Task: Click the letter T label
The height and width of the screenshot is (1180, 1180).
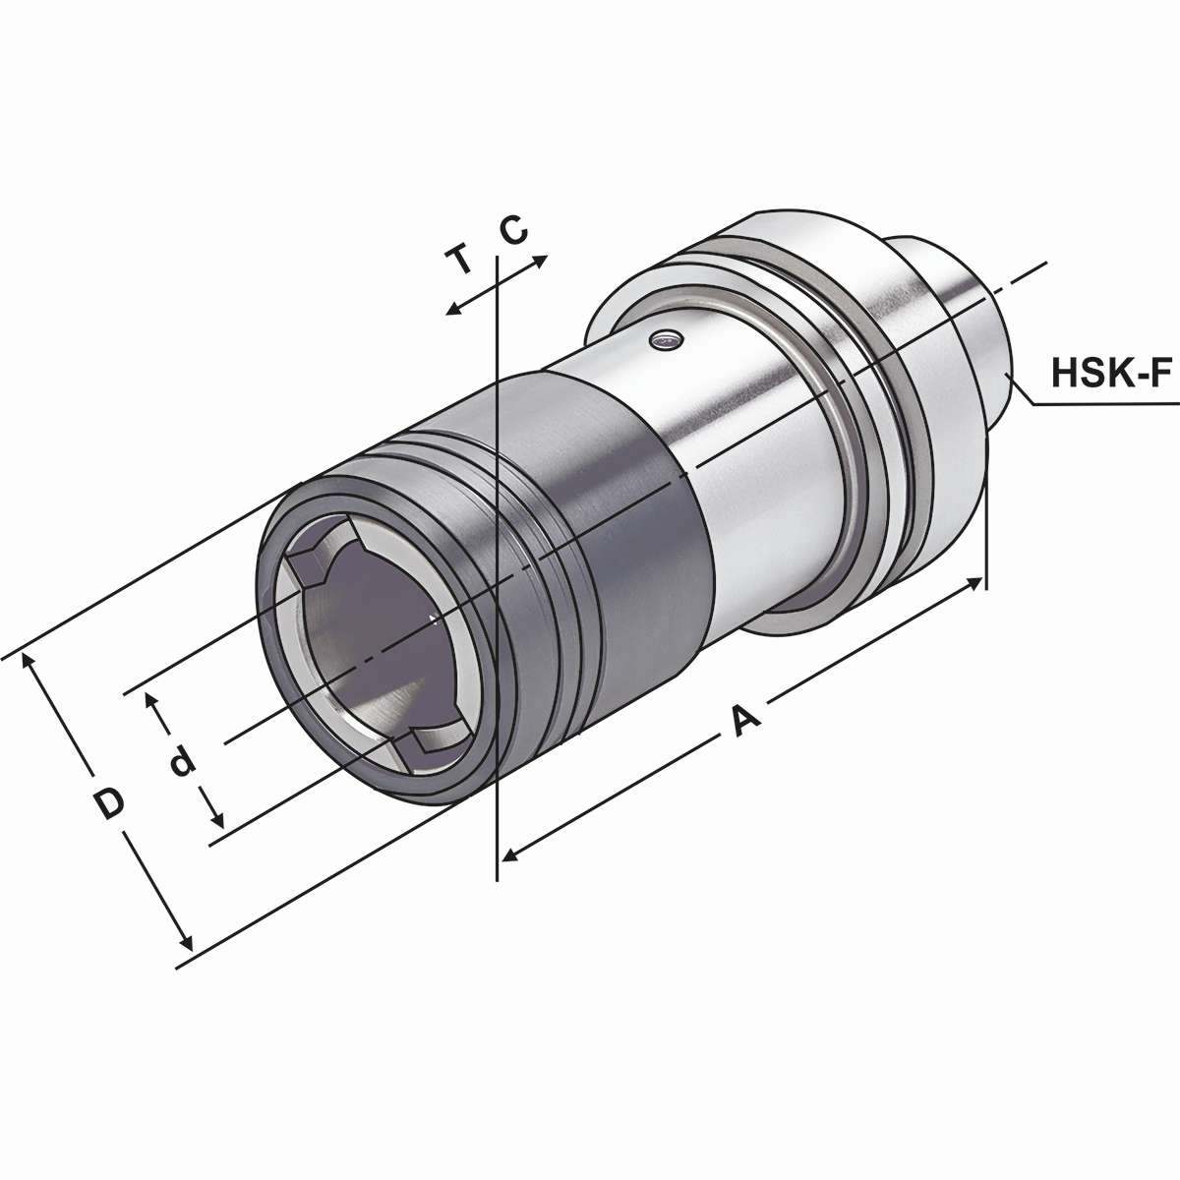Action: coord(458,262)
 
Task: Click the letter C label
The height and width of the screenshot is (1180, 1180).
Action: coord(513,230)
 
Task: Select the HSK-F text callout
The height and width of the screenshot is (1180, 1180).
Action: coord(1113,374)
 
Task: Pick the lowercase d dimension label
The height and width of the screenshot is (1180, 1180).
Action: coord(181,762)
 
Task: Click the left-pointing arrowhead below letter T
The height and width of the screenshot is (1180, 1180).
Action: coord(452,310)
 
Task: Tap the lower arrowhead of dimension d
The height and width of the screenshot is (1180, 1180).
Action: coord(218,821)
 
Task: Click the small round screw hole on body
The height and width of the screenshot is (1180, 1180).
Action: coord(666,340)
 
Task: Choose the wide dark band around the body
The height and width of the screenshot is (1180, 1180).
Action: coord(629,511)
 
